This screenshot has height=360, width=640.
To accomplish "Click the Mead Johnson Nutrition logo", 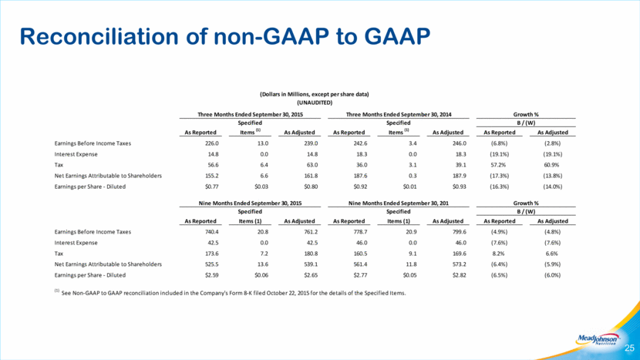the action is [597, 339].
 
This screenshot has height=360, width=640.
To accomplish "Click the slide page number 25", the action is [629, 348].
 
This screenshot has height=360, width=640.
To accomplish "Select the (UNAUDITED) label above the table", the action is [315, 103].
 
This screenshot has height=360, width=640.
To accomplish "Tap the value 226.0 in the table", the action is [212, 143].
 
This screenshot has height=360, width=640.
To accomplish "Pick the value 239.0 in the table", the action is [311, 143].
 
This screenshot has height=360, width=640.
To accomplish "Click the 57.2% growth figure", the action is [498, 165].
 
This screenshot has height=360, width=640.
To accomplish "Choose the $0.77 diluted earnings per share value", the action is [212, 187].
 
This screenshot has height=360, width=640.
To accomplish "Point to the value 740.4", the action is [212, 232].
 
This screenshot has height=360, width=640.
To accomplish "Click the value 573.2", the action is [460, 264].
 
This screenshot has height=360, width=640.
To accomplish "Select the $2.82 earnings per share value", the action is [460, 275].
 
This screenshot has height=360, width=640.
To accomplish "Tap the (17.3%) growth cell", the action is [499, 176].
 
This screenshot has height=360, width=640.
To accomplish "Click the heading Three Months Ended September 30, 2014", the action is [399, 115].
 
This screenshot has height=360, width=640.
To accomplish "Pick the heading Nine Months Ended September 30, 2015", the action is [250, 204].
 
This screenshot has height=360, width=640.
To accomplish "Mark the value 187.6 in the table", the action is [360, 176].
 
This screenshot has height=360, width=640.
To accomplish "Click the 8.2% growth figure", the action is [498, 254].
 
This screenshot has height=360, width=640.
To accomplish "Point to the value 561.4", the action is [360, 264].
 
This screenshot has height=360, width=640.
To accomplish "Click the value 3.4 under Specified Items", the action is [413, 143].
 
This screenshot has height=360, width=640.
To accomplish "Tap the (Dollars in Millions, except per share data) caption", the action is [315, 94].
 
